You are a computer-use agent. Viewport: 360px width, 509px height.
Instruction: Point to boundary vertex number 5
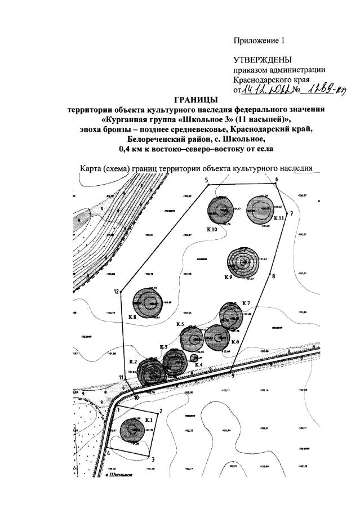(x=208, y=184)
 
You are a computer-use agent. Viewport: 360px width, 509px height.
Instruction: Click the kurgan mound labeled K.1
(x=134, y=431)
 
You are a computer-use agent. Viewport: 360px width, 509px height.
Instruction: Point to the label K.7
(x=246, y=304)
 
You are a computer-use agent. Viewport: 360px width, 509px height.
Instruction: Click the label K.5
(x=180, y=325)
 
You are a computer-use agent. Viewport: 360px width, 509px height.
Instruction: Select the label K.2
(x=134, y=361)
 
